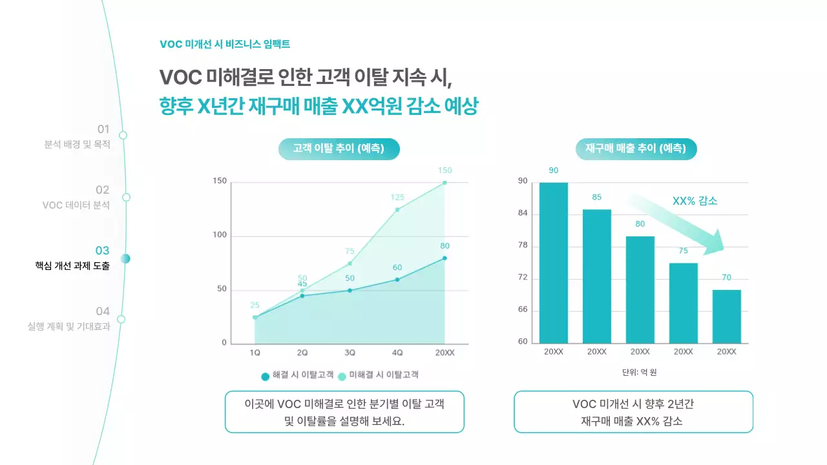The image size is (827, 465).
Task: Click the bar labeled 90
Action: (554, 263)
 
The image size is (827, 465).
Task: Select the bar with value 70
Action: (727, 316)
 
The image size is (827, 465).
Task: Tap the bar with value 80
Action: (640, 290)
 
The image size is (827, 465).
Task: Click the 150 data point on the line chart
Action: (445, 183)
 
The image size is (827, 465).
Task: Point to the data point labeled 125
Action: (397, 209)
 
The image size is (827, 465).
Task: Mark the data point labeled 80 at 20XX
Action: (445, 258)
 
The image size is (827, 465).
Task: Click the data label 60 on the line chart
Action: (397, 267)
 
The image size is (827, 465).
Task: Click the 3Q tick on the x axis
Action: (350, 353)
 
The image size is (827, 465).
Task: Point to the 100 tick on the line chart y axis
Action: (220, 235)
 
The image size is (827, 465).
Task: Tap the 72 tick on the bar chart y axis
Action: (523, 278)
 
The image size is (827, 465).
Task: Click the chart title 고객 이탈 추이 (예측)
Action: (339, 149)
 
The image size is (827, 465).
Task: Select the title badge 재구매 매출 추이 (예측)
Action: (636, 149)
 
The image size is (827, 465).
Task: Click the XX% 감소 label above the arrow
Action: (695, 201)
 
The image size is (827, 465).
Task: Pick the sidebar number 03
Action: (102, 251)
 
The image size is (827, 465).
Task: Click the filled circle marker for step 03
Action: (125, 258)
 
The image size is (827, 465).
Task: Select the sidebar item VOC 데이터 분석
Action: (76, 205)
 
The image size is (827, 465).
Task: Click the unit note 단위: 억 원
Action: (639, 373)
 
